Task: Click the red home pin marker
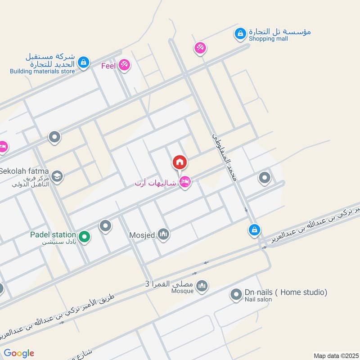[x=180, y=162]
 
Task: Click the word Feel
[x=108, y=66]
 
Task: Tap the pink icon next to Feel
[x=124, y=66]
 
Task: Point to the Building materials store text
[x=42, y=71]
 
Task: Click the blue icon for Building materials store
[x=83, y=63]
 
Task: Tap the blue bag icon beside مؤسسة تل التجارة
[x=240, y=33]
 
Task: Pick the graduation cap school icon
[x=57, y=176]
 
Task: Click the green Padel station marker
[x=84, y=235]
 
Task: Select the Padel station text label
[x=53, y=234]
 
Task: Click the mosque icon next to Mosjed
[x=163, y=234]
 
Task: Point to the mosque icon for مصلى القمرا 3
[x=202, y=285]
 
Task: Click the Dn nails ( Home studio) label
[x=286, y=292]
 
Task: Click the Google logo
[x=19, y=353]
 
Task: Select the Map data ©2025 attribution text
[x=335, y=355]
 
